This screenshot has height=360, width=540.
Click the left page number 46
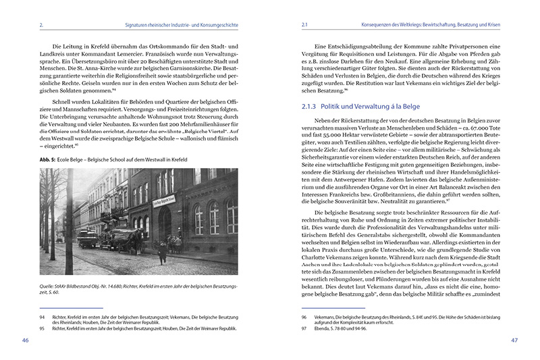(26, 340)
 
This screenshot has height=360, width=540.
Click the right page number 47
(514, 340)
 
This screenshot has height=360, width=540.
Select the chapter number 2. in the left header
(42, 26)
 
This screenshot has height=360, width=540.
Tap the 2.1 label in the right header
(305, 26)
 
